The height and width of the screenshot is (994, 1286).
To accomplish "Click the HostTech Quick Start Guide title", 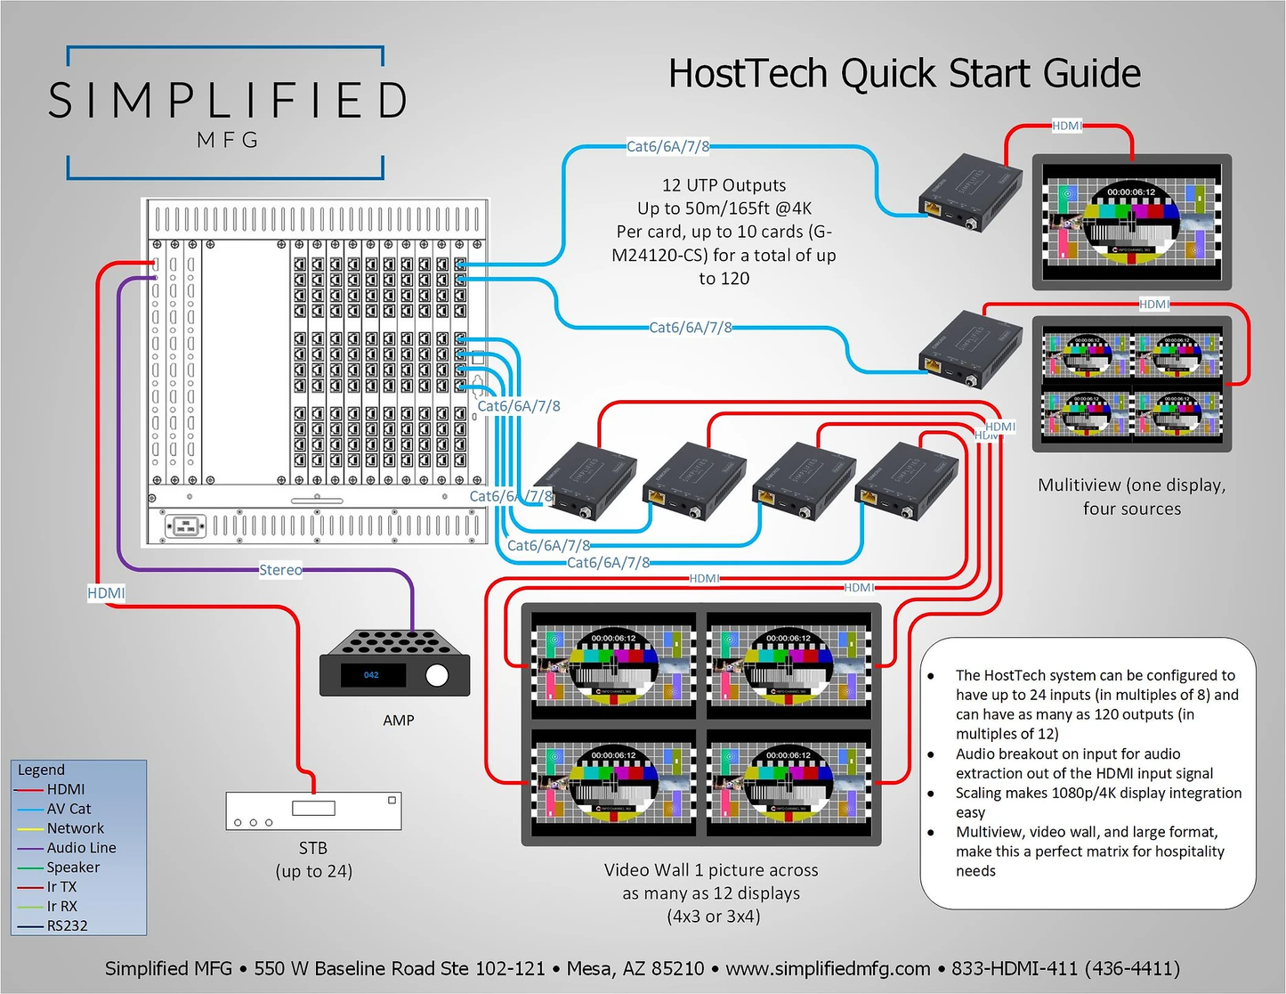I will tap(904, 74).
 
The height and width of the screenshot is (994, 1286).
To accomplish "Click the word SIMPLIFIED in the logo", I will tap(228, 101).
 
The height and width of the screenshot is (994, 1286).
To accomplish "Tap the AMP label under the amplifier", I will tap(398, 721).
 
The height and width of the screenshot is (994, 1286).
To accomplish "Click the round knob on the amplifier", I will tap(437, 675).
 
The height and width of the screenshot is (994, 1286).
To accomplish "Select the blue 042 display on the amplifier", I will tap(372, 675).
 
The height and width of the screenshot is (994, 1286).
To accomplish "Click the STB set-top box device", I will tap(313, 810).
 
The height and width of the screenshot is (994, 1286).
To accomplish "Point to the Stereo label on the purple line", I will tap(280, 570).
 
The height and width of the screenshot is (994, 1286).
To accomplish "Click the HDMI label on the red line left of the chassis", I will tap(106, 593).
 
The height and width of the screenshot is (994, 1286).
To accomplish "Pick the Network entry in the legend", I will tap(75, 828).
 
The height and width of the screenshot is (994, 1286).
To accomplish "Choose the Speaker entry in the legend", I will tap(73, 868).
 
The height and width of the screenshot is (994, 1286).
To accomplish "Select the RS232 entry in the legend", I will tap(67, 925).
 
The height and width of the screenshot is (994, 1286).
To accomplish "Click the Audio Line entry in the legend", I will tap(81, 848).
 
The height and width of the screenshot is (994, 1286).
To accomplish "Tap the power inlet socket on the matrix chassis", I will tap(185, 526).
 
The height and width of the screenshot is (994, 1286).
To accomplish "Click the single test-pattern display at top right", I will tap(1131, 222).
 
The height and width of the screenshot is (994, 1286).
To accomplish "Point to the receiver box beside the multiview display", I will tap(970, 348).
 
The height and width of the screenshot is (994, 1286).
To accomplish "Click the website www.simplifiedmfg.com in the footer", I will tap(828, 969).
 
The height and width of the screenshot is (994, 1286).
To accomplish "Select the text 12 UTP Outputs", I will tap(724, 185).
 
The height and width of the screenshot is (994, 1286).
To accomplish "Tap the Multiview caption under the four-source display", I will tap(1131, 497).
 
